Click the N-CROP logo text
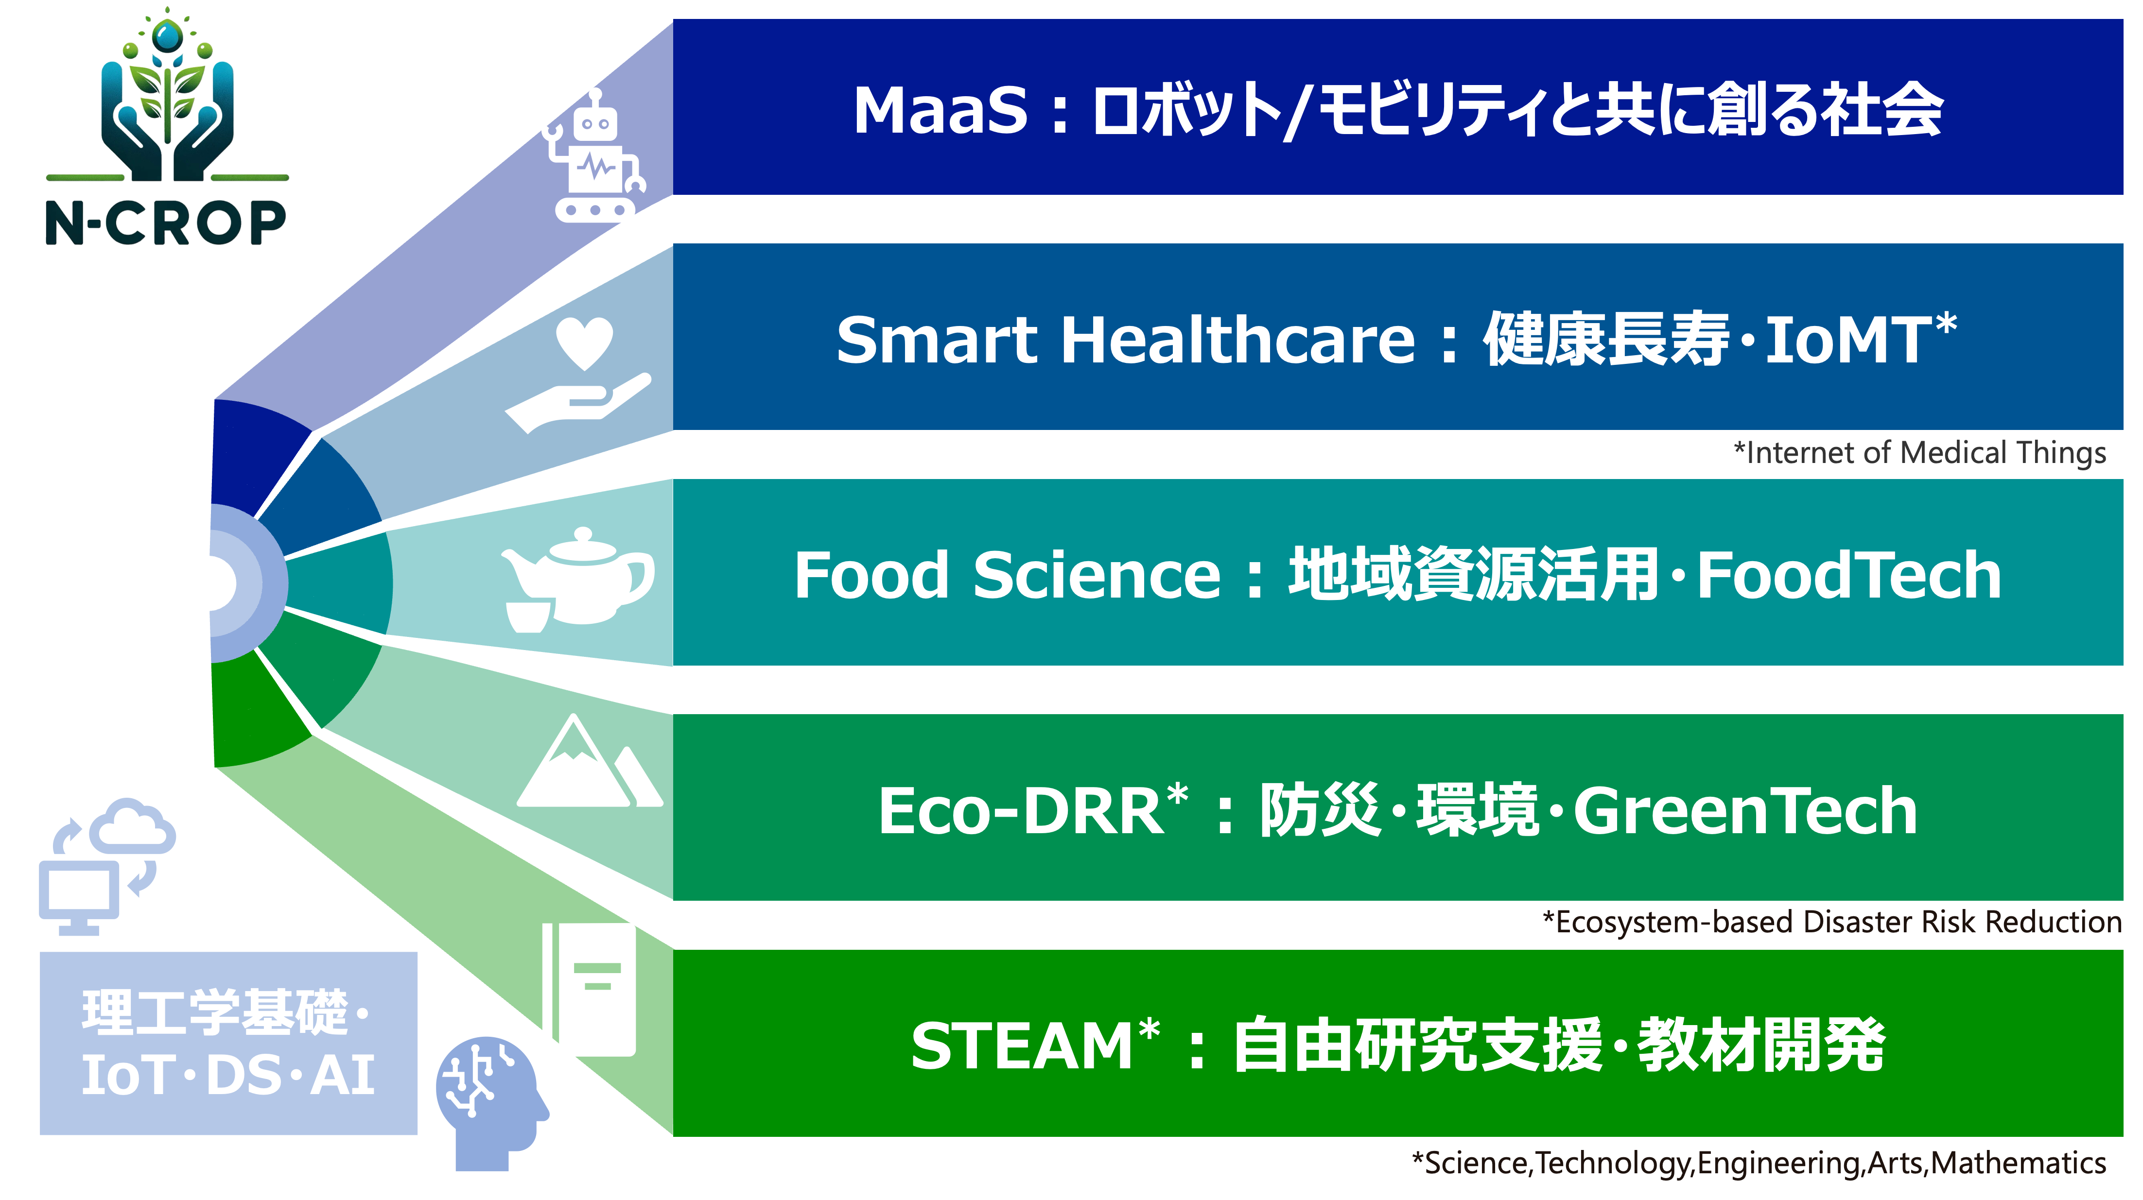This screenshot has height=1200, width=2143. [x=166, y=223]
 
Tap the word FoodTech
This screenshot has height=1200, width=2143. [x=1848, y=576]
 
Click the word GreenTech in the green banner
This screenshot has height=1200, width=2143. [x=1745, y=811]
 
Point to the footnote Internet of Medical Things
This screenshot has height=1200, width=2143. [x=1920, y=453]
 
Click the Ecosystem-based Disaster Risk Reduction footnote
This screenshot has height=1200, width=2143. [x=1832, y=922]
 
